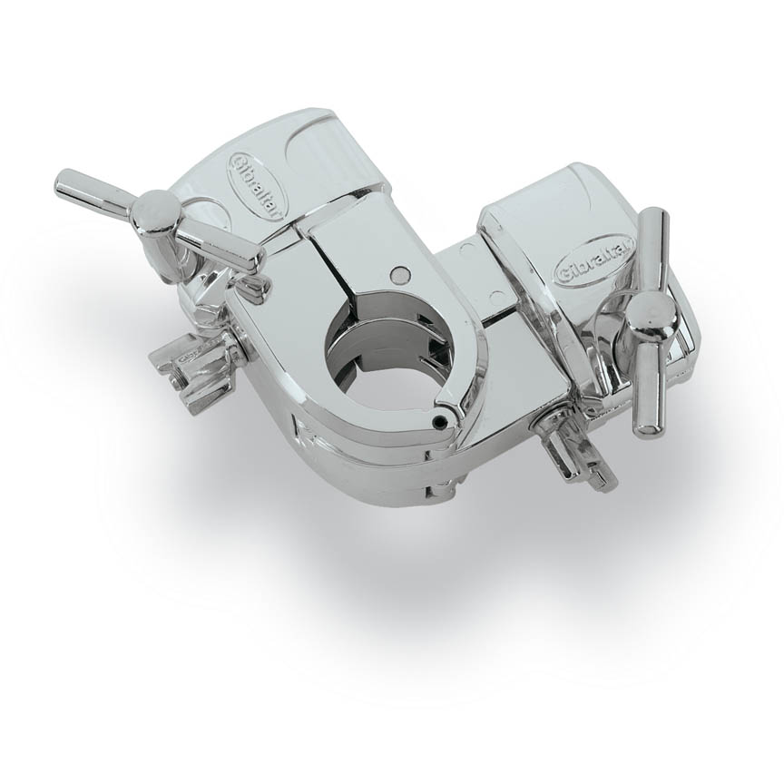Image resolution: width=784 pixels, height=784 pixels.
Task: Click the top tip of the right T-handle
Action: coord(652,220)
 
